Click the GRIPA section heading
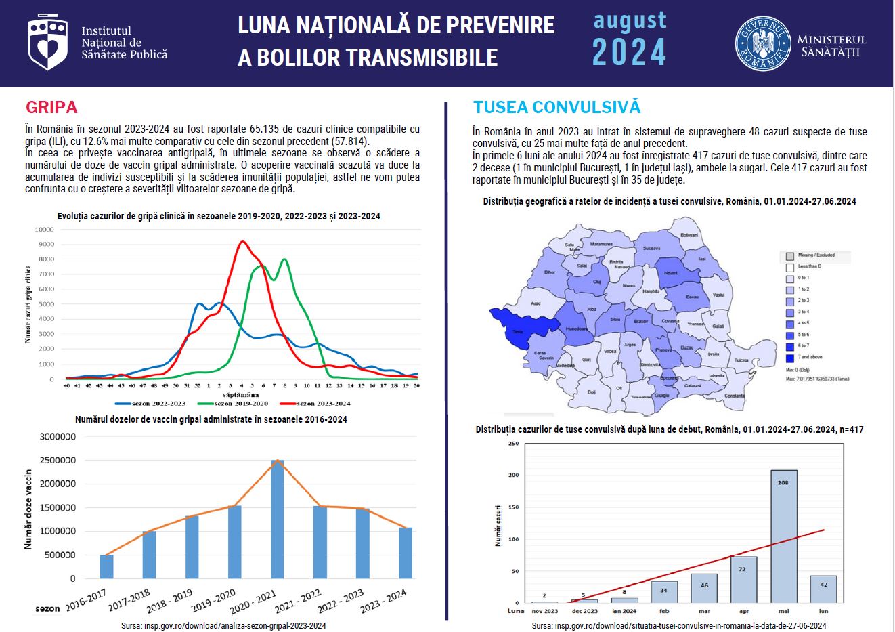pyautogui.click(x=51, y=107)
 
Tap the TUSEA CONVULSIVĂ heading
pyautogui.click(x=556, y=107)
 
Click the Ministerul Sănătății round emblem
pyautogui.click(x=762, y=45)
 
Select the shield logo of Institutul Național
pyautogui.click(x=47, y=43)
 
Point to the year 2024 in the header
pyautogui.click(x=629, y=53)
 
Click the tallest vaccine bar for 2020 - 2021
pyautogui.click(x=278, y=519)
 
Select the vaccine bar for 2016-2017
pyautogui.click(x=107, y=566)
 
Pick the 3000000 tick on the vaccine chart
pyautogui.click(x=58, y=437)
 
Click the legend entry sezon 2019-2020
pyautogui.click(x=240, y=404)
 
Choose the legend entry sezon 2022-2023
pyautogui.click(x=158, y=404)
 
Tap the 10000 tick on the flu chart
pyautogui.click(x=44, y=230)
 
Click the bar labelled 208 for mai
pyautogui.click(x=783, y=536)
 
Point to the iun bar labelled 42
pyautogui.click(x=823, y=589)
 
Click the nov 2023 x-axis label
pyautogui.click(x=544, y=611)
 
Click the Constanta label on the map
pyautogui.click(x=734, y=396)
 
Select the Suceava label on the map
pyautogui.click(x=651, y=249)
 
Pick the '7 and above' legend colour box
pyautogui.click(x=789, y=357)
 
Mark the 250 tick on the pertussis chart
pyautogui.click(x=513, y=444)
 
